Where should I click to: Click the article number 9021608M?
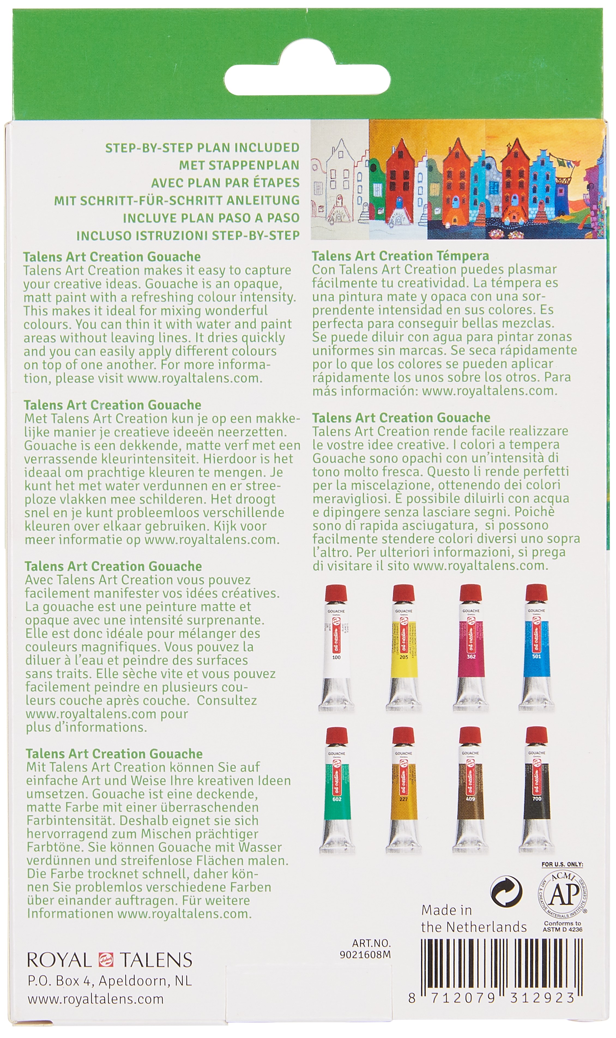(365, 955)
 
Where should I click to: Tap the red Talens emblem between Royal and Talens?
(106, 959)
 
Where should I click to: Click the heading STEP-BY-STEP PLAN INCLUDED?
(202, 148)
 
